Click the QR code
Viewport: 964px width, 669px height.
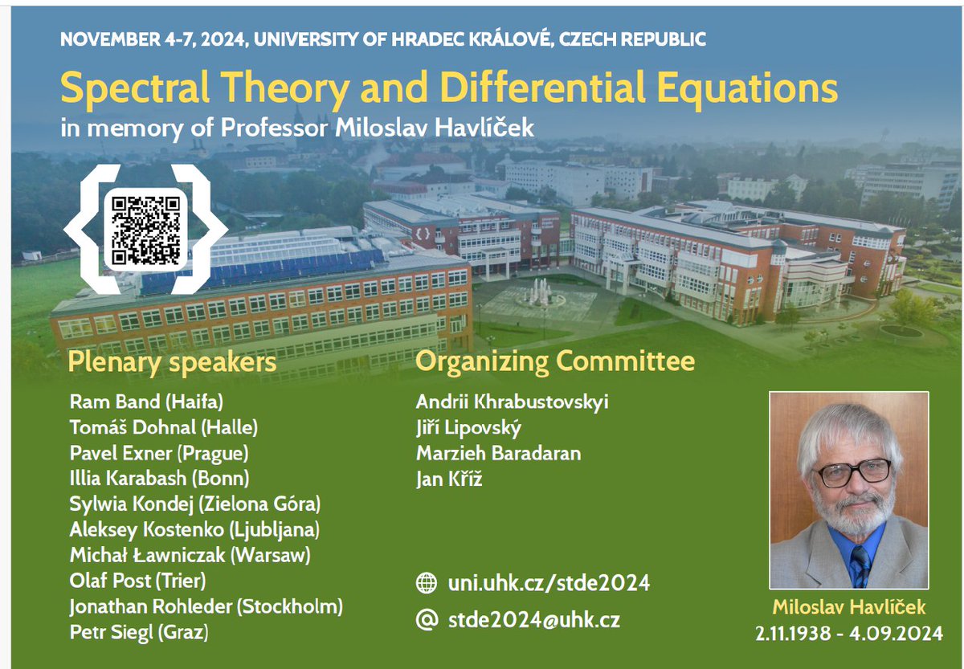(145, 228)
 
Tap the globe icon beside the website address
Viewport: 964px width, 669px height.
(427, 583)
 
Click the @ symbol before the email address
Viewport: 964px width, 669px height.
(427, 619)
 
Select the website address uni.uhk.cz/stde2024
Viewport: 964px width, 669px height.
(549, 583)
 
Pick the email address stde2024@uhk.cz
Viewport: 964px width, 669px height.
(533, 619)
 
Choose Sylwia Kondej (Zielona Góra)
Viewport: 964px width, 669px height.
(195, 504)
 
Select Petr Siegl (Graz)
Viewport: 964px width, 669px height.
(139, 633)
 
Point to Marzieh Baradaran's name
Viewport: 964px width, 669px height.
(498, 453)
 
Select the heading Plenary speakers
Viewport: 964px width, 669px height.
(172, 362)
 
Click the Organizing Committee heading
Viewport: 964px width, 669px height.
(555, 362)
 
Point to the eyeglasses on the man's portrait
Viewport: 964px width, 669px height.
(853, 471)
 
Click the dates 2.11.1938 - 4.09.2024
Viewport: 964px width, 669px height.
(849, 634)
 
